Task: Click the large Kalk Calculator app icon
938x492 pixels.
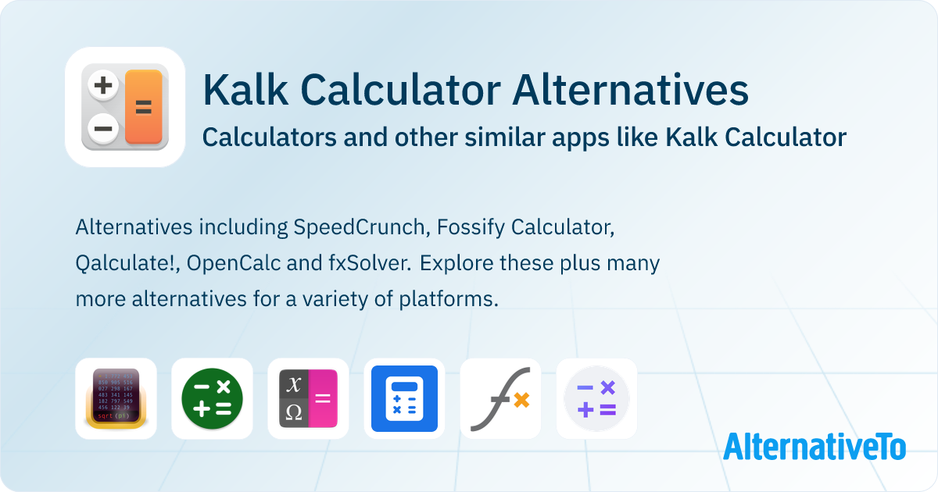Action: pos(125,107)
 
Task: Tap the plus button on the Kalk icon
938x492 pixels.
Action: pos(103,85)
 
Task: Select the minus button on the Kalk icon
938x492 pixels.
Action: pos(103,128)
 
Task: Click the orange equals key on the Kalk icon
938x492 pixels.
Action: pos(144,107)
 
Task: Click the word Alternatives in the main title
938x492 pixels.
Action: pos(630,91)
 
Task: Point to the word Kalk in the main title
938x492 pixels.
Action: pos(245,90)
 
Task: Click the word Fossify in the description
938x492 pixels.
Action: pos(471,228)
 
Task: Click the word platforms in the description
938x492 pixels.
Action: pos(449,300)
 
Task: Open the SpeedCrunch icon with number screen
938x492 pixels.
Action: pos(116,398)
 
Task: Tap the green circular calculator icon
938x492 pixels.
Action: pos(212,398)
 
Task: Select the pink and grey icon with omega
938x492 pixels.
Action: pos(308,398)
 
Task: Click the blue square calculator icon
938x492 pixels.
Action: pos(405,398)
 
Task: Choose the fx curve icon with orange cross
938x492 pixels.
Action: pos(500,398)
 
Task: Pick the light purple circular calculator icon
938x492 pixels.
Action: pos(596,398)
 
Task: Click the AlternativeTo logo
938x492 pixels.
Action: pos(814,447)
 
